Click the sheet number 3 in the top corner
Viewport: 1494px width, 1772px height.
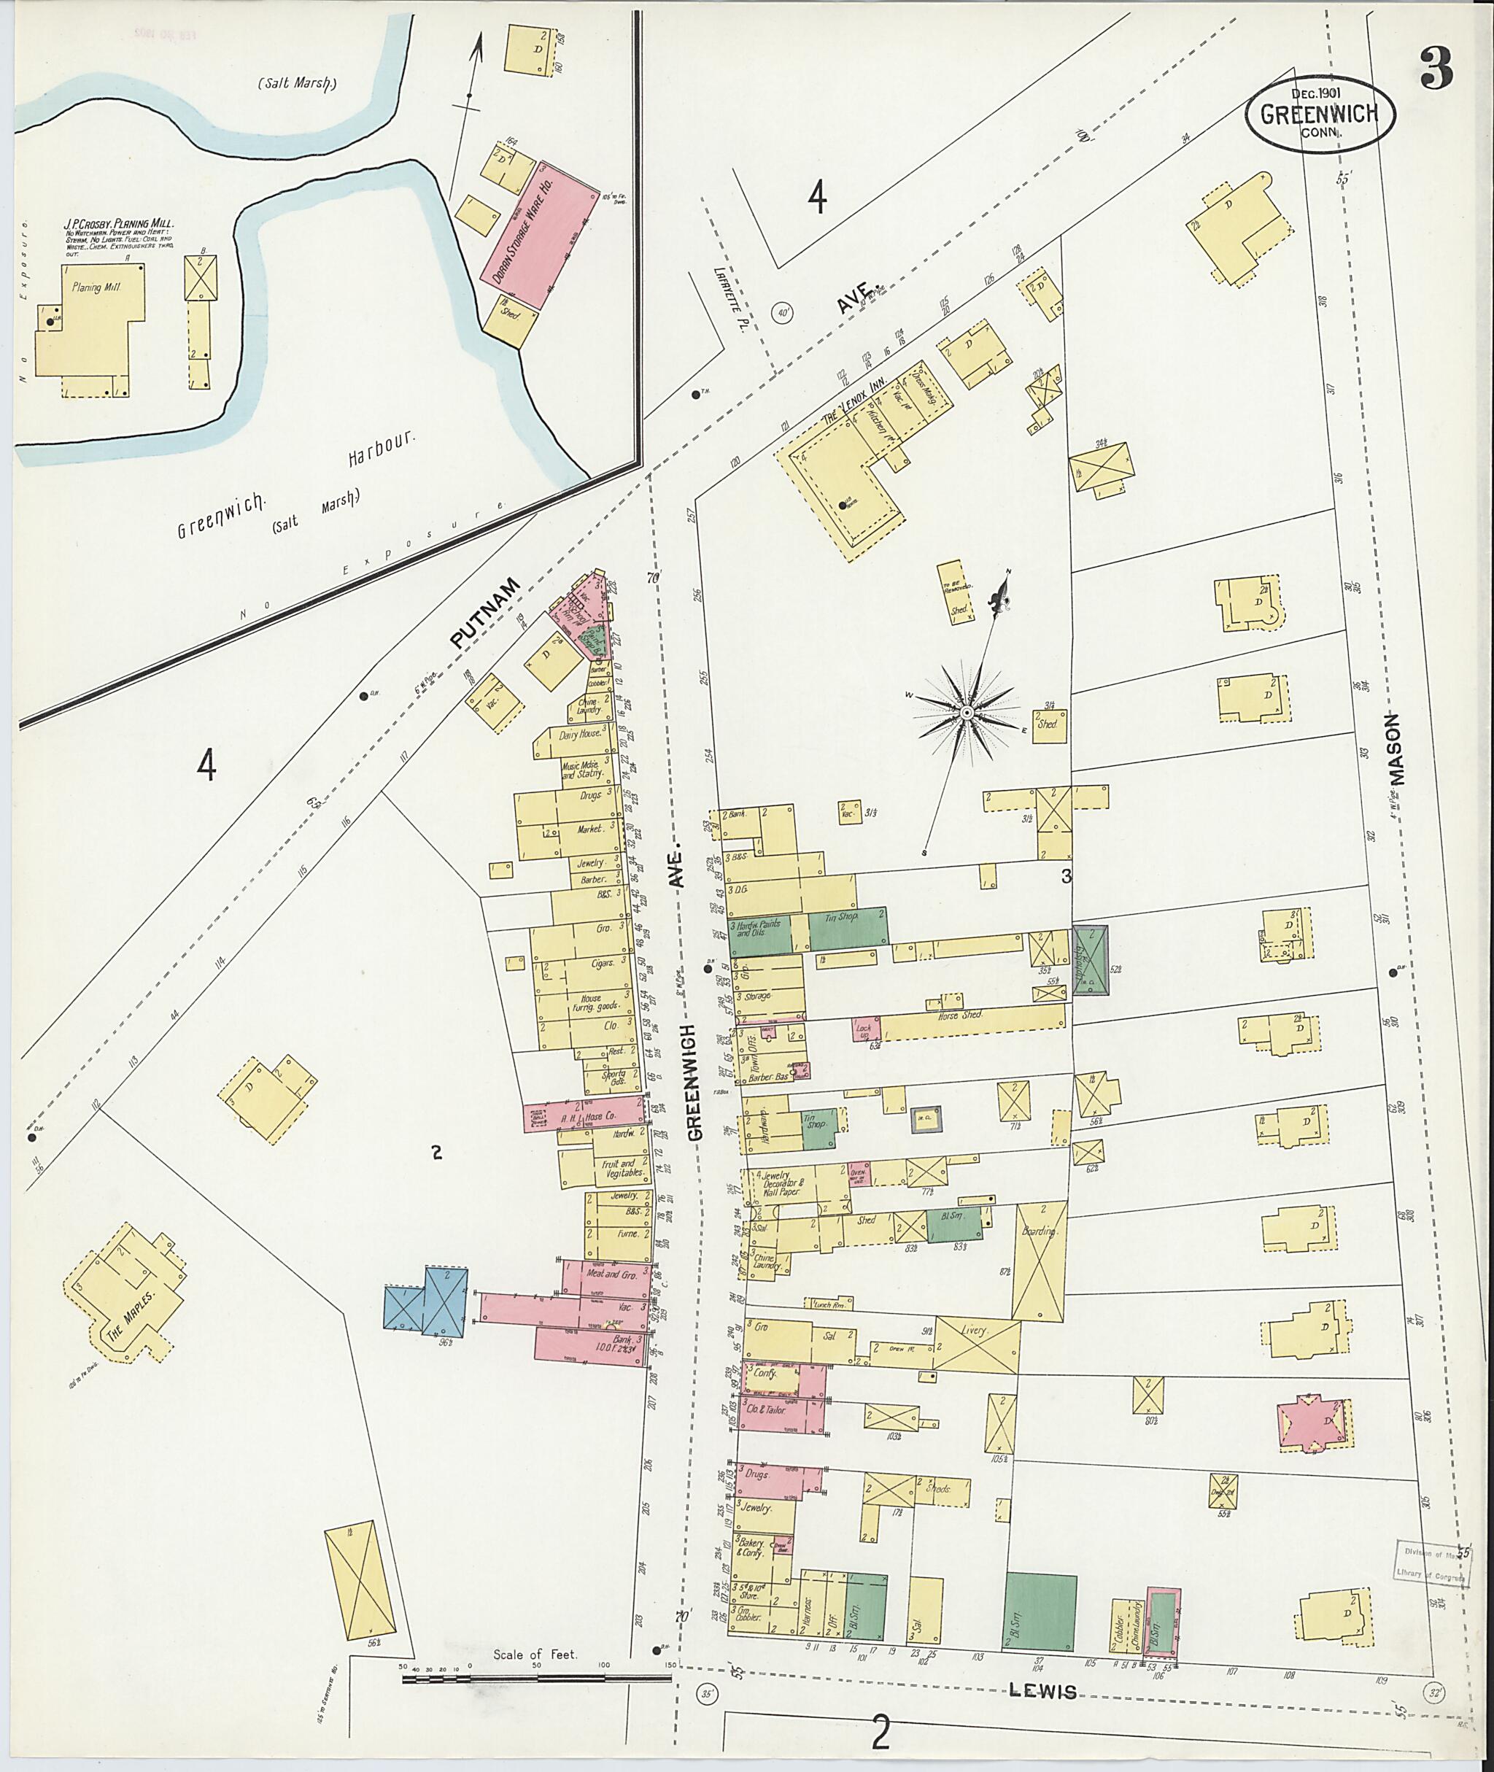1437,69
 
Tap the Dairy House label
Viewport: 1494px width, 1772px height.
579,735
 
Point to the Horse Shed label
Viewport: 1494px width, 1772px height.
959,1015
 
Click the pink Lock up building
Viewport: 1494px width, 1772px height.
867,1029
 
